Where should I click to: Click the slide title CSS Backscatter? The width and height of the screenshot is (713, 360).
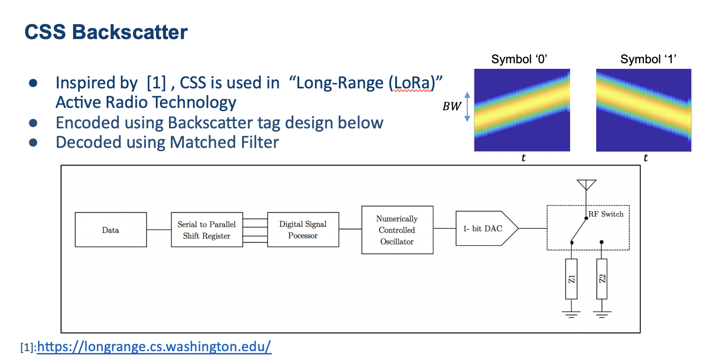pyautogui.click(x=106, y=32)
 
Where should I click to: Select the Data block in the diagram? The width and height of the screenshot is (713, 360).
pyautogui.click(x=111, y=230)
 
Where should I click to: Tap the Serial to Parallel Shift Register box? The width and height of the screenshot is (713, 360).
pyautogui.click(x=207, y=230)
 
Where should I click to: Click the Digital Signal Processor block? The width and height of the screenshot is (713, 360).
pyautogui.click(x=303, y=230)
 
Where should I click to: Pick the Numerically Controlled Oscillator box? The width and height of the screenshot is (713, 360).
pyautogui.click(x=397, y=230)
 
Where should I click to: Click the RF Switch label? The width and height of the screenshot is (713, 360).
pyautogui.click(x=605, y=214)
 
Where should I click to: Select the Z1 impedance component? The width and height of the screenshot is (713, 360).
pyautogui.click(x=572, y=279)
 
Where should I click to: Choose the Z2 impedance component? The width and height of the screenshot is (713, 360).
pyautogui.click(x=602, y=279)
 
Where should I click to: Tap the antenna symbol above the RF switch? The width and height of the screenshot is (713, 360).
pyautogui.click(x=586, y=185)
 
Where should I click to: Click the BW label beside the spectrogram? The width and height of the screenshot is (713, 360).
pyautogui.click(x=451, y=106)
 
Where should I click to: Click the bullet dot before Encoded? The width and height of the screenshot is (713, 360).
pyautogui.click(x=33, y=123)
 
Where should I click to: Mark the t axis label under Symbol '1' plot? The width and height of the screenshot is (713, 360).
pyautogui.click(x=646, y=159)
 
